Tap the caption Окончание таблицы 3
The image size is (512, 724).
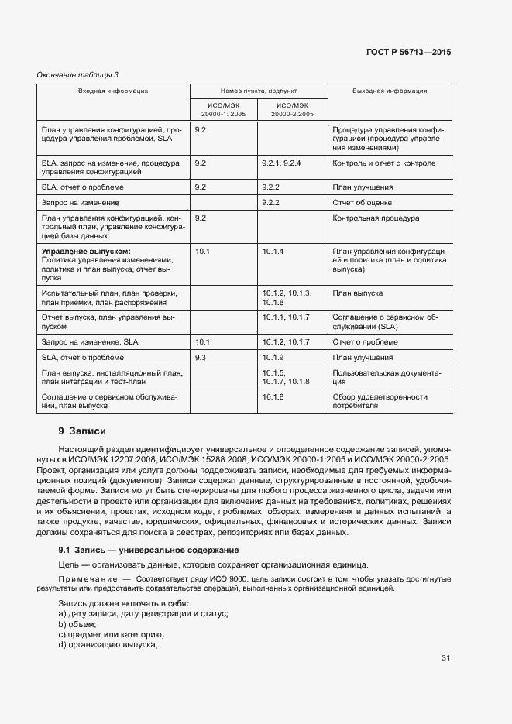tap(77, 74)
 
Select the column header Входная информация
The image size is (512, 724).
tap(112, 91)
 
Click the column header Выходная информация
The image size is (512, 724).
tap(390, 91)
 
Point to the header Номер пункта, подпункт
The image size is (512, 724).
tap(259, 91)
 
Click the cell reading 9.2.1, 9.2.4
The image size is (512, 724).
tap(281, 163)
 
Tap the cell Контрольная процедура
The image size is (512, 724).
tap(376, 218)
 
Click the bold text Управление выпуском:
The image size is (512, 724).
tap(86, 252)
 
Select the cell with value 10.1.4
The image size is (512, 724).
tap(273, 252)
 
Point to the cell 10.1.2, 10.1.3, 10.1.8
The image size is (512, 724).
tap(287, 298)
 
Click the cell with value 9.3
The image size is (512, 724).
tap(201, 357)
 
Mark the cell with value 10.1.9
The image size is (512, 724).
tap(273, 357)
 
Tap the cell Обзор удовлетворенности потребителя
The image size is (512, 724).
tap(380, 401)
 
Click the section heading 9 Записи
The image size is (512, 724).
tap(81, 431)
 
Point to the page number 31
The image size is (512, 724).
tap(445, 658)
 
